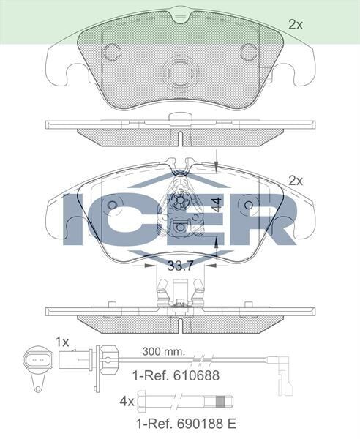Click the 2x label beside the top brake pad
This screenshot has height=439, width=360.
(296, 24)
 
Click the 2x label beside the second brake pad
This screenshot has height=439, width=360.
(296, 180)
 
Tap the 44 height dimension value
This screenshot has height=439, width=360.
(217, 205)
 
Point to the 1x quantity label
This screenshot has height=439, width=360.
(61, 342)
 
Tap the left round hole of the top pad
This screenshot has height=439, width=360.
(113, 52)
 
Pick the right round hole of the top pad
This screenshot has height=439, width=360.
(249, 52)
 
